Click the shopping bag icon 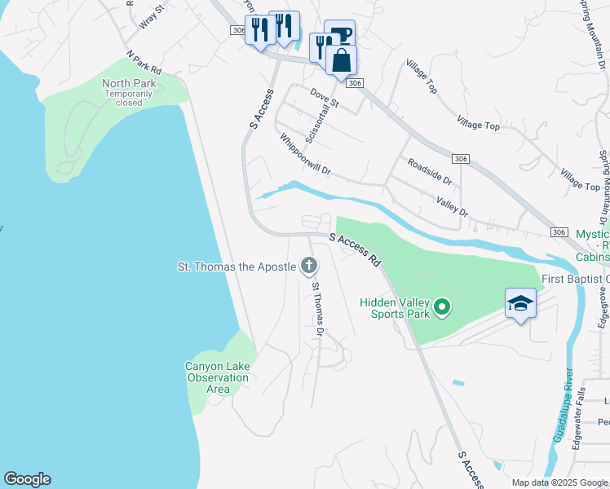[342, 59]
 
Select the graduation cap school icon [520, 304]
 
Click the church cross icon [309, 266]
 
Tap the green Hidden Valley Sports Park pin [442, 307]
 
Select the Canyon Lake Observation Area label [217, 377]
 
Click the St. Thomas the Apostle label [236, 267]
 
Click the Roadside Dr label [429, 171]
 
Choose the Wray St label [152, 16]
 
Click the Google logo [27, 479]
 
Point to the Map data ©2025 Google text [559, 482]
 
